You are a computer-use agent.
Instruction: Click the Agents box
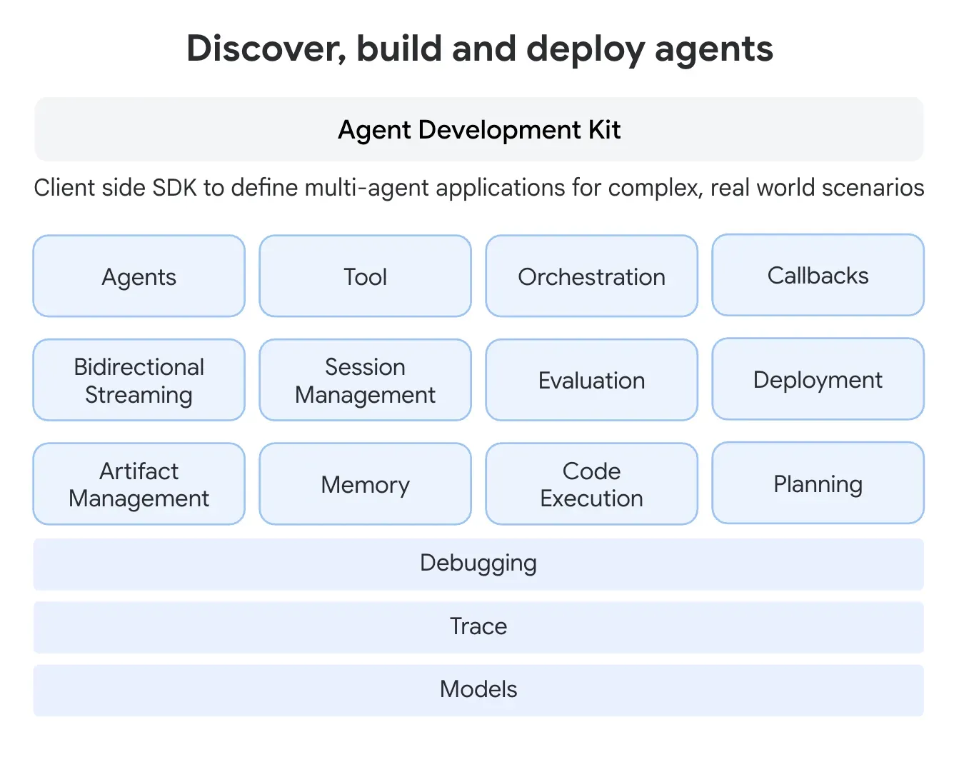pos(139,276)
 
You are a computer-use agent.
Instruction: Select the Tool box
pos(365,276)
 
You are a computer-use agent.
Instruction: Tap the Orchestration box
pos(591,276)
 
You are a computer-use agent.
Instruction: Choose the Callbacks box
pos(818,276)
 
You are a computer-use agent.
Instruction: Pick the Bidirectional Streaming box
pos(139,380)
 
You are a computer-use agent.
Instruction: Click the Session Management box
pos(365,380)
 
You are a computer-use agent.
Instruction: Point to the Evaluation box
pos(591,380)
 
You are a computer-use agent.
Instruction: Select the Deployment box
pos(818,379)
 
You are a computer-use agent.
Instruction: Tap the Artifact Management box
pos(139,484)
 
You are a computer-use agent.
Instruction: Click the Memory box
pos(365,484)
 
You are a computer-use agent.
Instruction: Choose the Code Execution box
pos(591,484)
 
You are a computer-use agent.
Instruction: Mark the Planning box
pos(818,483)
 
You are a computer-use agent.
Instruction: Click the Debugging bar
pos(478,563)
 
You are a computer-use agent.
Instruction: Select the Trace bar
pos(478,627)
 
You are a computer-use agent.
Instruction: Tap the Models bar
pos(478,690)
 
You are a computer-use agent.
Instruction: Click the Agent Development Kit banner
pos(478,129)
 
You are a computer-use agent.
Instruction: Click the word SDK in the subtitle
pos(175,188)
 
